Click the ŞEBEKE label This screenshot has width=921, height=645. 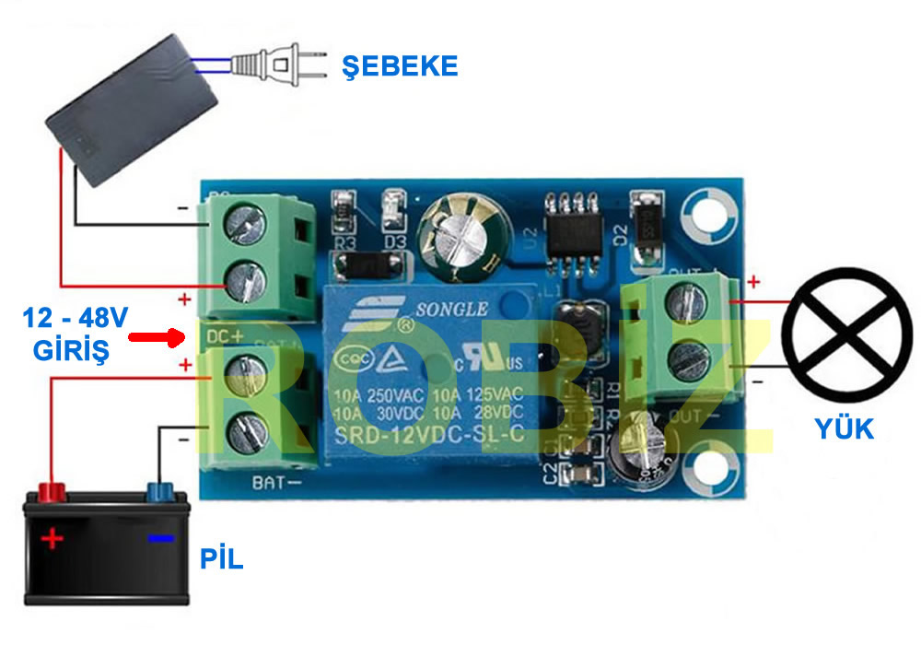click(x=400, y=65)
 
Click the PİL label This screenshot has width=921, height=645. click(x=222, y=558)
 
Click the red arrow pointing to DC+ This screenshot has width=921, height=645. click(x=156, y=338)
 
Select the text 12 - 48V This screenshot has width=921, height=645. click(x=76, y=320)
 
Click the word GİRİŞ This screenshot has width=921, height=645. click(x=71, y=350)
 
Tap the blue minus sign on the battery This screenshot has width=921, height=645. click(x=160, y=537)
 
